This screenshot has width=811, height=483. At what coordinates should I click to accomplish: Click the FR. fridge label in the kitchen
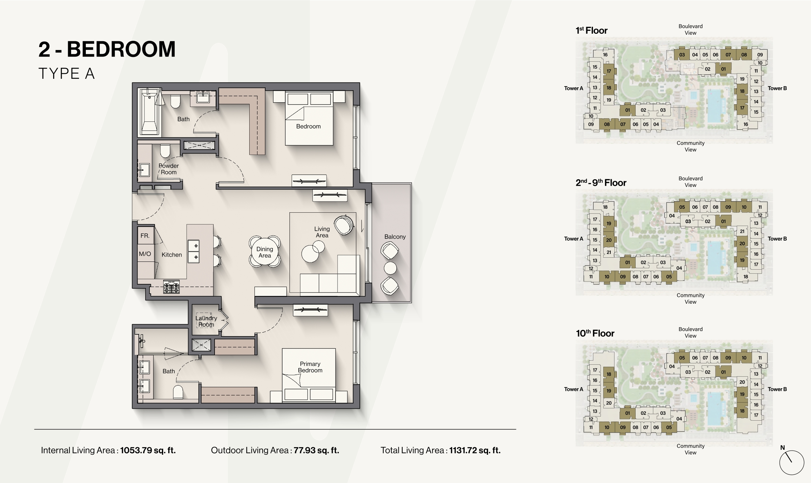pos(145,236)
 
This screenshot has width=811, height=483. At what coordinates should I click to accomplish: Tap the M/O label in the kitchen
pos(145,254)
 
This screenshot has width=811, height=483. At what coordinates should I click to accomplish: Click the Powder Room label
pos(169,169)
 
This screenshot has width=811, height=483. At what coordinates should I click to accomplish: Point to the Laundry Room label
pos(206,321)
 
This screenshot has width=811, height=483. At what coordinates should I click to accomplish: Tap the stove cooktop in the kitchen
pos(171,287)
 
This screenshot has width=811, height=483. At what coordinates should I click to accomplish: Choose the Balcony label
pos(395,237)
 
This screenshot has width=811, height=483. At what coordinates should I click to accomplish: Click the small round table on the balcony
pos(390,268)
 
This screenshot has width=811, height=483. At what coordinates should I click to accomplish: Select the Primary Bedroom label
pos(310,367)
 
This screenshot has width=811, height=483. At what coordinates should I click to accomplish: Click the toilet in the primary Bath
pos(178,392)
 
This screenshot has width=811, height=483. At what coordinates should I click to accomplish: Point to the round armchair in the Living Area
pos(344,225)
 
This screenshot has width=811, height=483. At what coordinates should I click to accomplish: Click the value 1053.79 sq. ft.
pos(148,450)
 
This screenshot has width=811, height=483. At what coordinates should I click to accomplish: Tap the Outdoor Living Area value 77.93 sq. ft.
pos(316,450)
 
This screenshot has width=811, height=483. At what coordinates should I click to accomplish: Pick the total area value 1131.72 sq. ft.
pos(475,450)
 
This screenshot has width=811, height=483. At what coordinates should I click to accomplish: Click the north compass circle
pos(792,463)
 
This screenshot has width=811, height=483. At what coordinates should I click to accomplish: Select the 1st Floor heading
pos(592,30)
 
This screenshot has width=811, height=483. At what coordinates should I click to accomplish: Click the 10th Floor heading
pos(595,333)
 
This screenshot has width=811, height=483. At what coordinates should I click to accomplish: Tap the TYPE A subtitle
pos(66,74)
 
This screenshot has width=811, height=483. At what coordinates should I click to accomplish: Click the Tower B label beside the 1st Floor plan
pos(777,88)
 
